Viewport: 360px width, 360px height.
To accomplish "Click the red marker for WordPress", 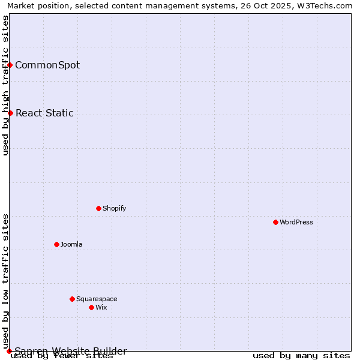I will [x=275, y=222].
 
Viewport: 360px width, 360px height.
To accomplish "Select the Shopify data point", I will [x=98, y=208].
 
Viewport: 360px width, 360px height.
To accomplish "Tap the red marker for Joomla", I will [x=56, y=244].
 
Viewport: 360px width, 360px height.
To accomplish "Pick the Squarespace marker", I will [x=72, y=299].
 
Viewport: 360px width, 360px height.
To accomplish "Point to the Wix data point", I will [x=91, y=307].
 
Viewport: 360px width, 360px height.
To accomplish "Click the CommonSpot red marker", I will [x=10, y=65].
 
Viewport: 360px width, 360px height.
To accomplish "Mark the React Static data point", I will [x=10, y=113].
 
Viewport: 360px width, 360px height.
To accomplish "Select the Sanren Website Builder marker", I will [x=9, y=351].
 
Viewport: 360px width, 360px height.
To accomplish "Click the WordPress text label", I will [x=296, y=222].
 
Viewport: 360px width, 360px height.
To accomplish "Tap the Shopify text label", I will [x=115, y=208].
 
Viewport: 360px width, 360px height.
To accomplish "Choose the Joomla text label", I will [x=71, y=244].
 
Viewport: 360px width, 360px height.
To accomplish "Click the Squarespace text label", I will [x=97, y=299].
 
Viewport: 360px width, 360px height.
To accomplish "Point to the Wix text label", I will [x=101, y=307].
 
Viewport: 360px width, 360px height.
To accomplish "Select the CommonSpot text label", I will [x=47, y=65].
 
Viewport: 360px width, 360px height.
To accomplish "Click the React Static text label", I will [x=44, y=113].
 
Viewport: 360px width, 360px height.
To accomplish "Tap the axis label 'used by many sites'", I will [x=301, y=356].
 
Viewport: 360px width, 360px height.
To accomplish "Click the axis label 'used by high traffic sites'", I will [x=5, y=85].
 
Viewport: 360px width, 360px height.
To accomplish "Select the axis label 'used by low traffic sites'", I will [x=5, y=281].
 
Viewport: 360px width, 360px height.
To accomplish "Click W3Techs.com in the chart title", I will [x=326, y=5].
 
